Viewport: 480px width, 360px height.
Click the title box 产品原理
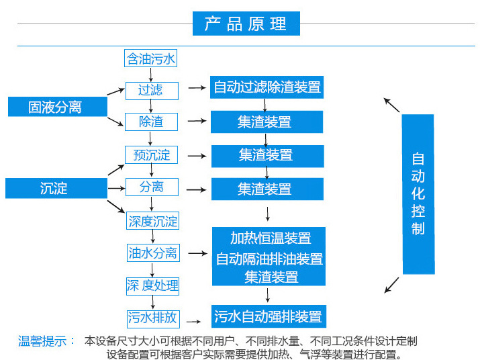[x=246, y=24]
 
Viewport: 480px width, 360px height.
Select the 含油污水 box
[x=150, y=58]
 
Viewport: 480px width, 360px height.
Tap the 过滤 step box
[x=152, y=91]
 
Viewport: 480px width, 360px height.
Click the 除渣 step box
[x=151, y=122]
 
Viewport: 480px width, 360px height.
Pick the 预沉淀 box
[x=151, y=154]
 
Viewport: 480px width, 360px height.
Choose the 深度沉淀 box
[x=153, y=220]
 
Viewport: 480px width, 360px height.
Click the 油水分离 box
[x=153, y=253]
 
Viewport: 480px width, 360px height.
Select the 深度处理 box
[x=152, y=287]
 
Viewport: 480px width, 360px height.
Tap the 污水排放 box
[x=153, y=319]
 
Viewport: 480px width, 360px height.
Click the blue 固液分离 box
[x=58, y=107]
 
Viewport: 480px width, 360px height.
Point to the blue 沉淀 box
[x=56, y=188]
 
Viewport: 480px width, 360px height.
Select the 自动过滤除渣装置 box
[x=267, y=87]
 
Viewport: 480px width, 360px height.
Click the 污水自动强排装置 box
[x=269, y=316]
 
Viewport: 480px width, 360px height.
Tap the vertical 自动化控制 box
[x=418, y=194]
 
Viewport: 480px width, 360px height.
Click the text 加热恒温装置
[x=271, y=238]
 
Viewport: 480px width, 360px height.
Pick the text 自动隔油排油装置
[x=269, y=259]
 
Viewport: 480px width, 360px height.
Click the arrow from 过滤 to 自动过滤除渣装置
[x=197, y=88]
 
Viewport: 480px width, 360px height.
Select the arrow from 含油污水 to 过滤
[x=150, y=75]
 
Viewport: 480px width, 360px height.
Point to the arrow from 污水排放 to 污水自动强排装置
[x=193, y=322]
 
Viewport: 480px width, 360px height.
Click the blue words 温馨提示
[x=42, y=341]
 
